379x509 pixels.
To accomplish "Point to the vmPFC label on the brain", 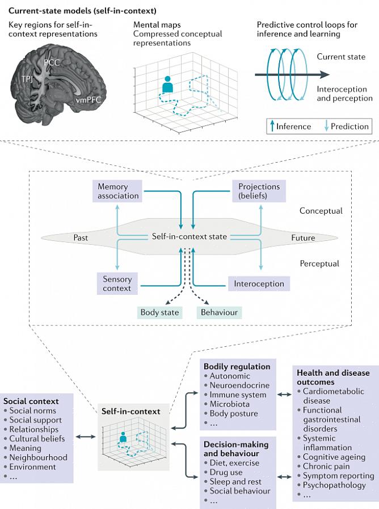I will pyautogui.click(x=90, y=100).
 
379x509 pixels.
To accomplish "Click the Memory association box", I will pyautogui.click(x=118, y=191).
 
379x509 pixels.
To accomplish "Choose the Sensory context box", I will pyautogui.click(x=117, y=283).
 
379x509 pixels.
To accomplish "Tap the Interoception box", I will pyautogui.click(x=259, y=283).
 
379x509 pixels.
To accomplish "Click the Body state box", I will pyautogui.click(x=160, y=312).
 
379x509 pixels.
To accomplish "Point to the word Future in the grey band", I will pyautogui.click(x=303, y=237).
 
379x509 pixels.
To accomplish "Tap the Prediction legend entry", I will pyautogui.click(x=347, y=126).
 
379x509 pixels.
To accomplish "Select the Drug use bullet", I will pyautogui.click(x=226, y=472).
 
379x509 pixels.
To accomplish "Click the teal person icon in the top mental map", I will pyautogui.click(x=167, y=85).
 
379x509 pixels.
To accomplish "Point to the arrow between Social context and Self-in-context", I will pyautogui.click(x=85, y=436).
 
